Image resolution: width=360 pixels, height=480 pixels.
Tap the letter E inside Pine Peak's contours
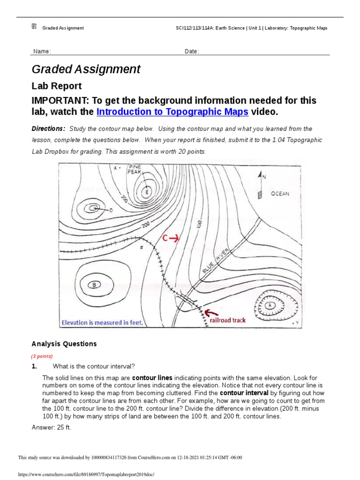point(147,191)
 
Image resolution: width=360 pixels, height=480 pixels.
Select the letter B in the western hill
point(95,284)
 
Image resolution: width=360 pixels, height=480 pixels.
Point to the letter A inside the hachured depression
point(270,305)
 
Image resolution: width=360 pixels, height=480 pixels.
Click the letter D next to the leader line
point(111,210)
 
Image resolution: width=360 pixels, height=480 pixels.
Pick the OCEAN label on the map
point(280,194)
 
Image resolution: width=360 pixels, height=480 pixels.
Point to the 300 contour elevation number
point(124,199)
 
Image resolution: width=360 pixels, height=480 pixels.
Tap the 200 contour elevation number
point(145,225)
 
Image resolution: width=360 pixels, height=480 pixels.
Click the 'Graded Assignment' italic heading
point(86,69)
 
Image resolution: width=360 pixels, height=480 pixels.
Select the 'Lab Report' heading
point(56,86)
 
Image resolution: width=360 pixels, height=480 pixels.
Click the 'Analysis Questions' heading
point(64,344)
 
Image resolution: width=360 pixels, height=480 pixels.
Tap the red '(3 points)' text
point(42,356)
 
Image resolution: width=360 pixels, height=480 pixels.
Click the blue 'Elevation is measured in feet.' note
point(102,322)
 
